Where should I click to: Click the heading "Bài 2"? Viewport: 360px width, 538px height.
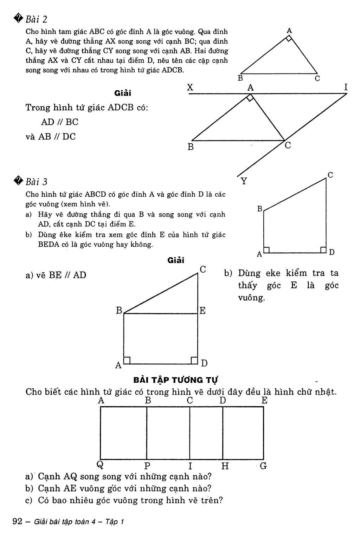(37, 19)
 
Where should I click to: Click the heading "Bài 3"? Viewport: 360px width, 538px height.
(37, 182)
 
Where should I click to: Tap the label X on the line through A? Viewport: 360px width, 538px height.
(190, 87)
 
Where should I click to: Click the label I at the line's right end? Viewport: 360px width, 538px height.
(346, 87)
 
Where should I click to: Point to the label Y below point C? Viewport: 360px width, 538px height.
(244, 181)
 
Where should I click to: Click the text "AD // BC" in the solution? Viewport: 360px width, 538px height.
(60, 122)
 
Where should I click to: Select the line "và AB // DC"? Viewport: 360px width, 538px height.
(51, 137)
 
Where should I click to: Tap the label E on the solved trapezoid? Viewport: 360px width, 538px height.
(202, 311)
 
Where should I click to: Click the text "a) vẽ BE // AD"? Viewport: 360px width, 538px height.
(56, 275)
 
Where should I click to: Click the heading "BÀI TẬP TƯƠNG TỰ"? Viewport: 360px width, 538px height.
(176, 380)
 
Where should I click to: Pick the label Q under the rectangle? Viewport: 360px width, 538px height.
(100, 465)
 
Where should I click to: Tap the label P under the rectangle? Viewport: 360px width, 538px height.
(147, 466)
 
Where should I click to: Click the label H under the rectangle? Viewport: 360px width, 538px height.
(225, 466)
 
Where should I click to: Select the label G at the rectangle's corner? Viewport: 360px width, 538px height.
(263, 466)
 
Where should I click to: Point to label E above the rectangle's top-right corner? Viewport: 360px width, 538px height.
(264, 400)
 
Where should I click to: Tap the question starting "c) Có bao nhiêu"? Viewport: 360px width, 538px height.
(124, 500)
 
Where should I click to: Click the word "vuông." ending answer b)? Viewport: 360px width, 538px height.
(251, 298)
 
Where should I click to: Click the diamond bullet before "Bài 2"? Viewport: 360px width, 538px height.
(18, 18)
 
